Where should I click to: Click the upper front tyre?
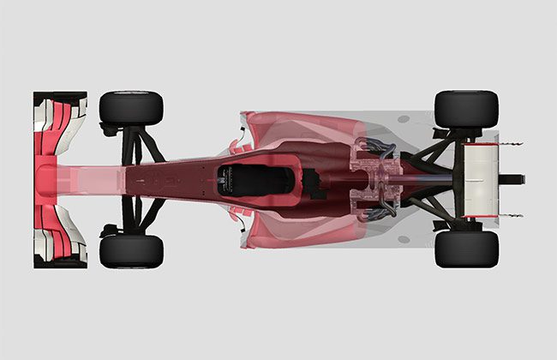point(131,107)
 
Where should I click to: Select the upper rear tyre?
point(466,108)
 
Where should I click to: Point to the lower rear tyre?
point(466,249)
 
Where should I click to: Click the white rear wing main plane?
point(480,179)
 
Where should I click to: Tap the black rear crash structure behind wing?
point(512,179)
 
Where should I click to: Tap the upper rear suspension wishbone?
point(428,154)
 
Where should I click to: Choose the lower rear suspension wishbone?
point(428,205)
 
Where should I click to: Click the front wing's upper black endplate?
point(60,96)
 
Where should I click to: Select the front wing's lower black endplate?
point(60,262)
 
